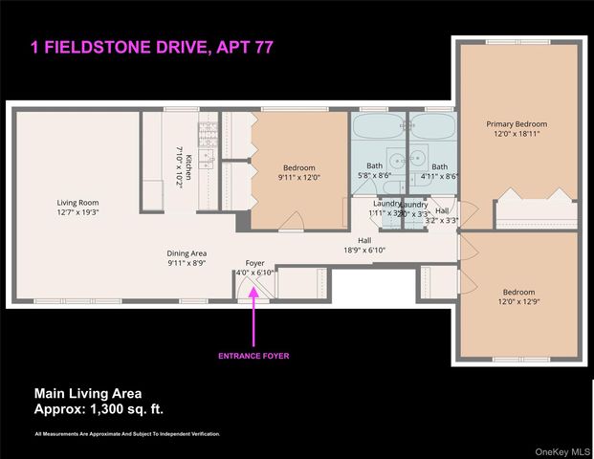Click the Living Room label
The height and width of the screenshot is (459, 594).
click(77, 203)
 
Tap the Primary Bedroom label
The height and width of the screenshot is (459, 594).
click(517, 124)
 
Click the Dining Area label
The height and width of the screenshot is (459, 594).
click(187, 253)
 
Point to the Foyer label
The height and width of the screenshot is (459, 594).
click(254, 263)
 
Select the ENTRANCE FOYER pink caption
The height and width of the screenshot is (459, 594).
click(254, 356)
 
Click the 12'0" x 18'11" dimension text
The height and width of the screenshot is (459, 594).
click(517, 135)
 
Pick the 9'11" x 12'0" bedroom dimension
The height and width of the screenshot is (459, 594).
click(298, 178)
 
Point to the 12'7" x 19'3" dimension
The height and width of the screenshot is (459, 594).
click(77, 213)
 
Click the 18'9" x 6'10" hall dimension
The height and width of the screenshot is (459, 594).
click(364, 251)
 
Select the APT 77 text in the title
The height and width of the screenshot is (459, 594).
click(242, 46)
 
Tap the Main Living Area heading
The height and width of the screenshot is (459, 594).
click(88, 392)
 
